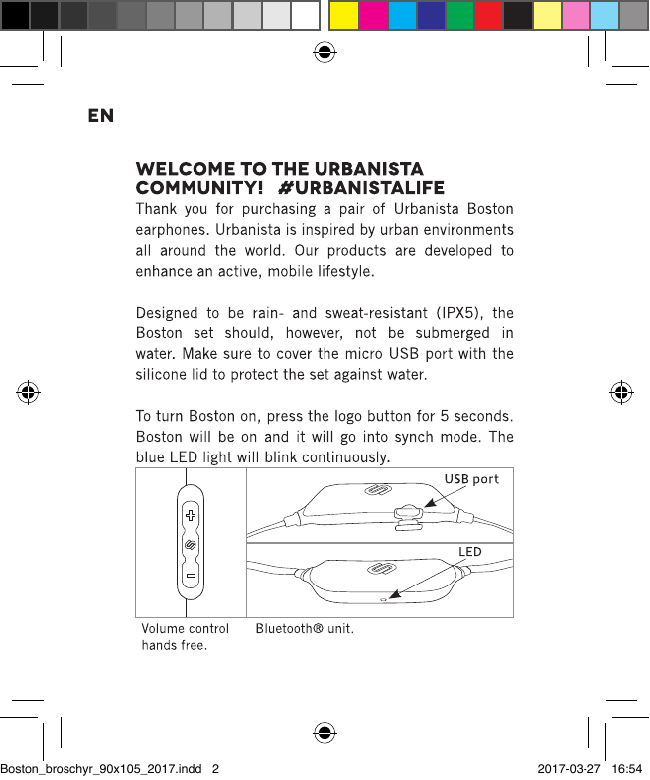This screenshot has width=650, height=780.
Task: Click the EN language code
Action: [101, 116]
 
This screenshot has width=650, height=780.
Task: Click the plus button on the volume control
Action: [190, 516]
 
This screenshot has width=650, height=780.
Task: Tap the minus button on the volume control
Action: [190, 576]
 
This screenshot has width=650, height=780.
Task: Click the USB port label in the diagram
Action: [471, 479]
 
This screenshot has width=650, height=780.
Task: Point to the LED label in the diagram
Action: [469, 551]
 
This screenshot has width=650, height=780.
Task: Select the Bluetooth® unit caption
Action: [305, 629]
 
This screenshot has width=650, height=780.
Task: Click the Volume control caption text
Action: [186, 629]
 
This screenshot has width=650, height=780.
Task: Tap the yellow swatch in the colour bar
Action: [343, 15]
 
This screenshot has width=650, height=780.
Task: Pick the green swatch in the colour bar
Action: [458, 15]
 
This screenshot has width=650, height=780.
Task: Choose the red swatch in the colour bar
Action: [488, 15]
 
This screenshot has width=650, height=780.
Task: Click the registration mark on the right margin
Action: [622, 391]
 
